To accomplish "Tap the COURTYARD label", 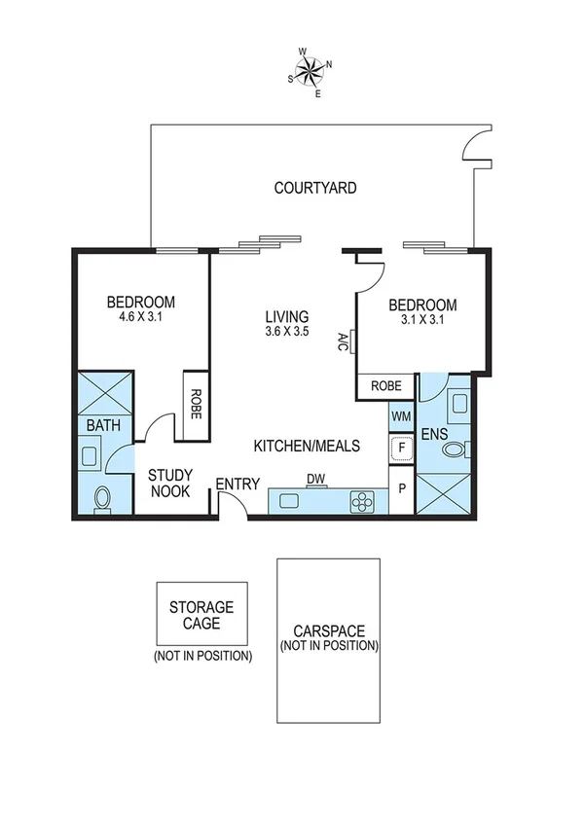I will click(x=314, y=187).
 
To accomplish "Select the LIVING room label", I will click(x=287, y=316).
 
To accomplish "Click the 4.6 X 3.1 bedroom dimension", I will click(x=141, y=316).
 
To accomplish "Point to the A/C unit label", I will click(x=344, y=341).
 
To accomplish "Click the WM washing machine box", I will click(x=401, y=416).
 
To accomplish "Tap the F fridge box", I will click(x=401, y=449).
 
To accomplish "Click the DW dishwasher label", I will click(x=315, y=479).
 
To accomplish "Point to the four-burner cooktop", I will click(x=362, y=502).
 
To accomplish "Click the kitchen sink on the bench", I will click(x=290, y=502).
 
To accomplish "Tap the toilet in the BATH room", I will click(x=102, y=499).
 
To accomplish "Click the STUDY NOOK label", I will click(x=170, y=483).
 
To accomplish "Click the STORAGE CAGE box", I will click(x=202, y=615).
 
